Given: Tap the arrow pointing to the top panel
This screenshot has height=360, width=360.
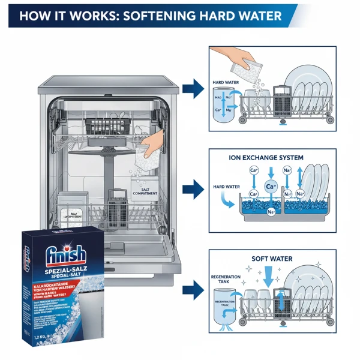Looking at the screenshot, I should [x=193, y=90].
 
